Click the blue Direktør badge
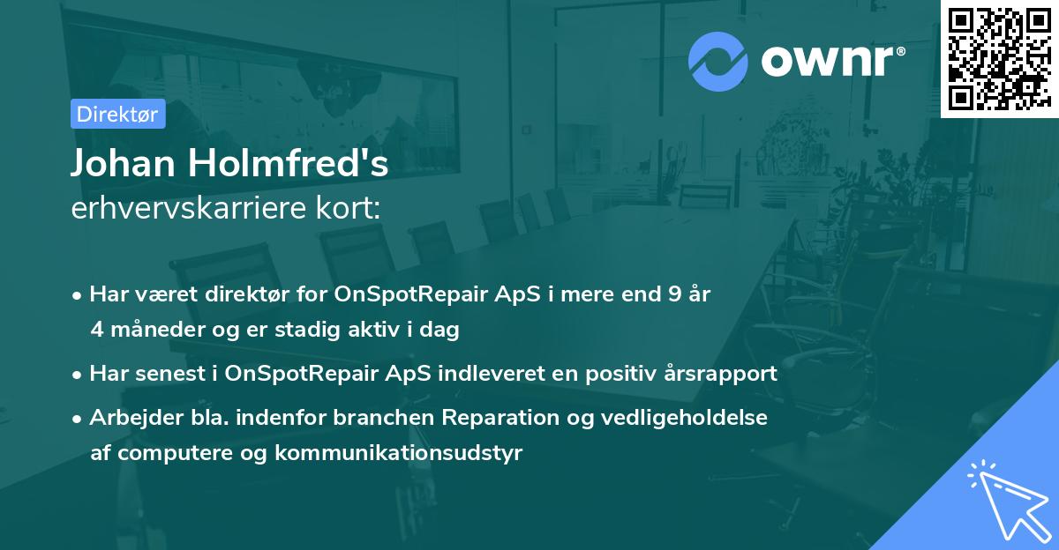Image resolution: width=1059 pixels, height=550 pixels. (118, 114)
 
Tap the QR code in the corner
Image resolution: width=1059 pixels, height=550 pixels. (999, 59)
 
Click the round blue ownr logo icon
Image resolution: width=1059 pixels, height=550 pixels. (717, 62)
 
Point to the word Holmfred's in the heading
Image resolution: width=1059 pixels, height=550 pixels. (289, 163)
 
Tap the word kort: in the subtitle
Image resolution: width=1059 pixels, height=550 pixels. (349, 208)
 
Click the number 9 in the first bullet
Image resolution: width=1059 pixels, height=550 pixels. (674, 294)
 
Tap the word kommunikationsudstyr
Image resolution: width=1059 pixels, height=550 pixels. (399, 453)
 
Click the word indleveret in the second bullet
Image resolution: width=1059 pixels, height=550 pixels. (492, 374)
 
